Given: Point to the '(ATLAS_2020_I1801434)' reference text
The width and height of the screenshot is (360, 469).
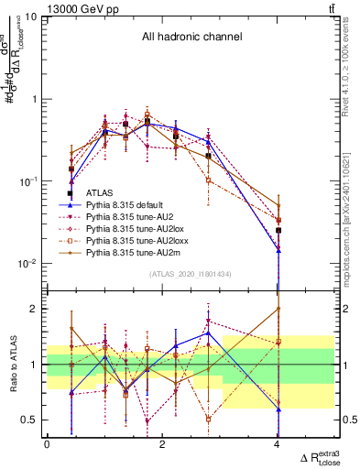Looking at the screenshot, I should tap(190, 274).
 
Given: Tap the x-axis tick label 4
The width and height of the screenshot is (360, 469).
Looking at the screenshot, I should tap(278, 443).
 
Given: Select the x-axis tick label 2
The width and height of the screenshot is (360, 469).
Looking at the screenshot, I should tap(162, 443).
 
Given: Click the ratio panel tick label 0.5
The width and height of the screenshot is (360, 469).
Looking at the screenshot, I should tap(30, 420).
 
